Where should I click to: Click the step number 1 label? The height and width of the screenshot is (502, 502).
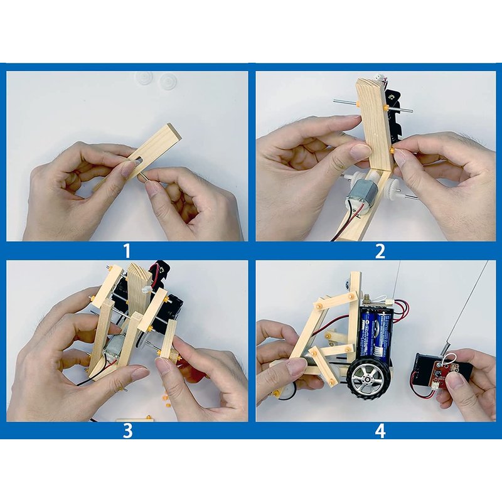click(127, 250)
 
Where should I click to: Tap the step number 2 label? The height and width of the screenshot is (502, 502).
click(380, 250)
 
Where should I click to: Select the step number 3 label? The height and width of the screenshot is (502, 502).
click(127, 430)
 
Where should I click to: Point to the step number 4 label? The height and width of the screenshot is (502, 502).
click(380, 430)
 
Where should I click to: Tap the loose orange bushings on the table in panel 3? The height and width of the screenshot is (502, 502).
click(166, 399)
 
